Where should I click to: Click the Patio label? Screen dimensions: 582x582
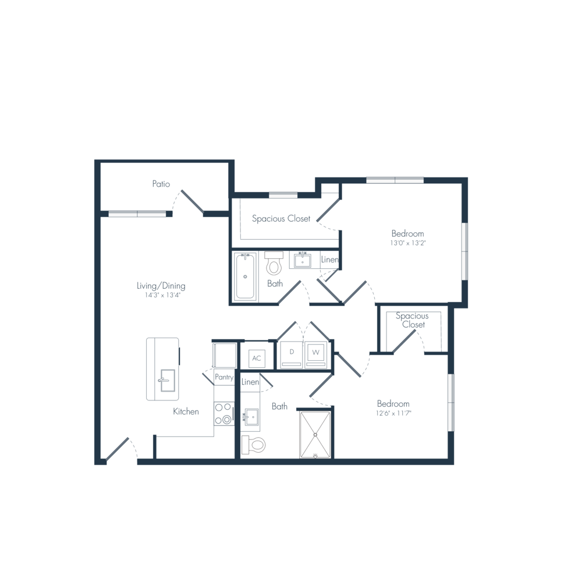pos(161,184)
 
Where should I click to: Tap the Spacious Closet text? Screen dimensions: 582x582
pos(281,219)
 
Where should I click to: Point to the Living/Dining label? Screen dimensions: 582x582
pos(161,289)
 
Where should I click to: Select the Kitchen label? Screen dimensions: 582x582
pos(186,411)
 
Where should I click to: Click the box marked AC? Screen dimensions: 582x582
pos(255,358)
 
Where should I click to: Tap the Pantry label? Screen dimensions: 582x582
pos(224,377)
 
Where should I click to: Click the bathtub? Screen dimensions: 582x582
pos(246,276)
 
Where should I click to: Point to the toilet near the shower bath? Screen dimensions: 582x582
pos(254,445)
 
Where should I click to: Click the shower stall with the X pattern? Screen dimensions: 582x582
pos(314,434)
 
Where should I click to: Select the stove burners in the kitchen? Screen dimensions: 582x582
pos(223,414)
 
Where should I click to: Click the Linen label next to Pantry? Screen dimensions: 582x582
pos(250,382)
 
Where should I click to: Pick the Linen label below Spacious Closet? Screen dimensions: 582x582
pos(329,260)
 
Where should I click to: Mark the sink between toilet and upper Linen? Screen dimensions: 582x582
pos(303,260)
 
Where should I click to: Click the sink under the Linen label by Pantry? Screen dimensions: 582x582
pos(250,417)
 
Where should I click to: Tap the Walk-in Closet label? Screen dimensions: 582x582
pos(412,321)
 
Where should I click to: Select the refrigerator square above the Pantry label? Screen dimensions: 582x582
pos(224,354)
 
